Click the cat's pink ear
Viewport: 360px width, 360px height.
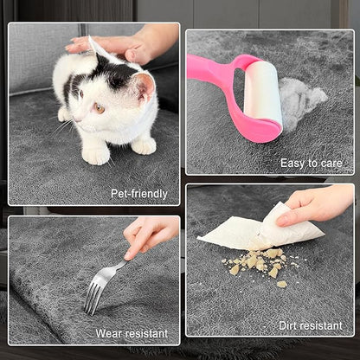pyautogui.click(x=145, y=86)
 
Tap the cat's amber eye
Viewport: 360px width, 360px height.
pyautogui.click(x=99, y=108)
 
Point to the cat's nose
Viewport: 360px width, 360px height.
pyautogui.click(x=74, y=119)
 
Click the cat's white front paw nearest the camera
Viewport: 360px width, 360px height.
pyautogui.click(x=96, y=155)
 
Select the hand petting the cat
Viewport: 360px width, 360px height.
pyautogui.click(x=124, y=45)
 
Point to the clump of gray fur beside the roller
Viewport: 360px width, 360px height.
pyautogui.click(x=300, y=98)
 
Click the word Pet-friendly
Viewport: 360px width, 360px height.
pyautogui.click(x=139, y=194)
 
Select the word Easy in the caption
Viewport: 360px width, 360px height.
pyautogui.click(x=292, y=164)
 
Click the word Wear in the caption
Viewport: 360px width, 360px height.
pyautogui.click(x=109, y=333)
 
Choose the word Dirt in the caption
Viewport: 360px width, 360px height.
pyautogui.click(x=289, y=325)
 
